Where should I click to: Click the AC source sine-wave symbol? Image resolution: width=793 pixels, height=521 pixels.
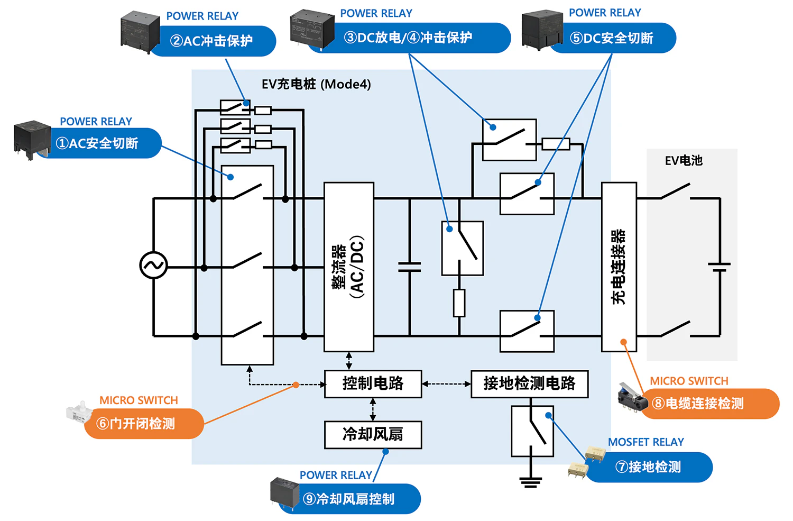[x=153, y=266]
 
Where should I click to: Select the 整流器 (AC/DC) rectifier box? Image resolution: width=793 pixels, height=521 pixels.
[x=349, y=267]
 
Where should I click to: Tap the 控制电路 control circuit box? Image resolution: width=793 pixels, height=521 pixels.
[x=373, y=383]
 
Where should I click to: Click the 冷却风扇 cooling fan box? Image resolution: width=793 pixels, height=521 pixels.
[x=373, y=435]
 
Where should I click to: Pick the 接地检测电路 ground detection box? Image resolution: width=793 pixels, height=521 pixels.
[x=529, y=383]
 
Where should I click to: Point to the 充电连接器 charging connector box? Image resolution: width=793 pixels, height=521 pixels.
[x=619, y=267]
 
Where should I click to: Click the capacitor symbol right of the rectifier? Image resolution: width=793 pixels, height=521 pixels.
[x=409, y=267]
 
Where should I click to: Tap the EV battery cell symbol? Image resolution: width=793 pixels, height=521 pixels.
[x=719, y=267]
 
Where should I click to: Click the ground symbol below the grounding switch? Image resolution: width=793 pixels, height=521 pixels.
[x=530, y=481]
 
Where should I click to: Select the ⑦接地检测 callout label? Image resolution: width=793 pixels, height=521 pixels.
[x=649, y=467]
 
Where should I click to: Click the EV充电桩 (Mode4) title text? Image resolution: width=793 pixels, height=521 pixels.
[x=316, y=84]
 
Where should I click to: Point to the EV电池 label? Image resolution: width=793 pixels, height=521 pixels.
[x=684, y=161]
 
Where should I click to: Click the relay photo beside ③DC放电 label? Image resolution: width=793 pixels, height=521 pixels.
[x=312, y=28]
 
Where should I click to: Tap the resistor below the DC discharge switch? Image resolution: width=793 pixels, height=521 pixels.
[x=459, y=303]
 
